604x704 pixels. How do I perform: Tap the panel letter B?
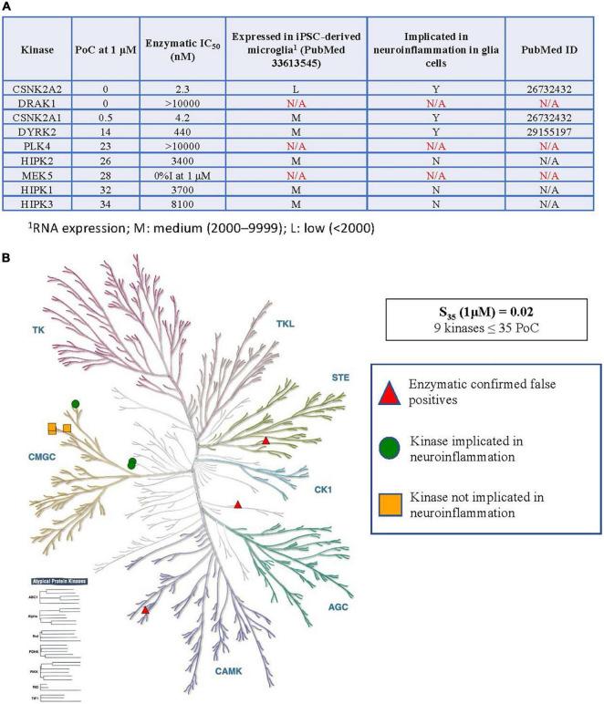8,258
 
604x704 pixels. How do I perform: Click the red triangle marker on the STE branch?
266,441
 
